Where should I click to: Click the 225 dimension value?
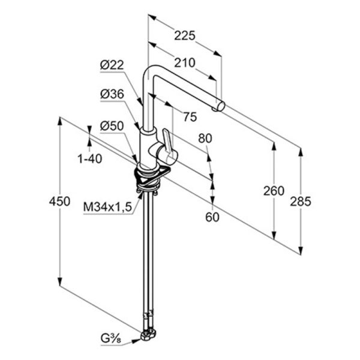(185, 35)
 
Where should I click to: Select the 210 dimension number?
(185, 62)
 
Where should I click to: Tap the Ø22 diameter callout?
(112, 65)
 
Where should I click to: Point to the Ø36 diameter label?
(112, 94)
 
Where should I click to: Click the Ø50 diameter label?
(112, 126)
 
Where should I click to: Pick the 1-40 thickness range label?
(90, 158)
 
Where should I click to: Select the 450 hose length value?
(59, 202)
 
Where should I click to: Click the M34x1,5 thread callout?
(107, 208)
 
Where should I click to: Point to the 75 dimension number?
(190, 117)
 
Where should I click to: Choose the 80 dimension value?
(205, 139)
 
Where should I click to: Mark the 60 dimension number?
(212, 217)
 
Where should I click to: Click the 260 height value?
(274, 191)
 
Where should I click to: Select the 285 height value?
(301, 202)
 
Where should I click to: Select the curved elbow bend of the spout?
(149, 71)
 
